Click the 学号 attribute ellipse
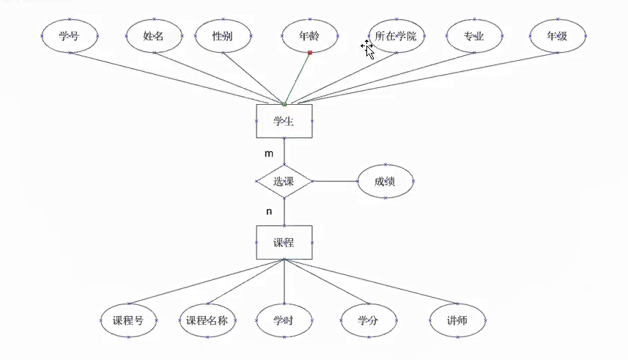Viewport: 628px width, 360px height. tap(69, 36)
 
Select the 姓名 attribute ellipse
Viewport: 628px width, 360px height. tap(154, 36)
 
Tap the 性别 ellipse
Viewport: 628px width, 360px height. tap(223, 36)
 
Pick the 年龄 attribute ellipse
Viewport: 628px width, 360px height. tap(310, 36)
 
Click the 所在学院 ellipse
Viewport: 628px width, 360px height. tap(396, 36)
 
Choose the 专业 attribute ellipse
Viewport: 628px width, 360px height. tap(473, 36)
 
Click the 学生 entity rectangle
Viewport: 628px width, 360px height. tap(284, 121)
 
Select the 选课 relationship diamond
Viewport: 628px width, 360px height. tap(284, 181)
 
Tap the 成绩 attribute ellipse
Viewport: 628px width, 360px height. tap(385, 181)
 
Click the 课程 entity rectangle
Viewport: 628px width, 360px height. tap(284, 242)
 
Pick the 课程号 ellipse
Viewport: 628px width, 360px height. tap(128, 320)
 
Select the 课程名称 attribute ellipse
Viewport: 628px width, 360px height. tap(207, 320)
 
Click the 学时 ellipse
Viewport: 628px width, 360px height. tap(284, 320)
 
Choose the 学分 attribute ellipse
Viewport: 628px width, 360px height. tap(369, 320)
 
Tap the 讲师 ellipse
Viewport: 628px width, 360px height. tap(457, 320)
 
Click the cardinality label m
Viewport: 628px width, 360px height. tap(269, 154)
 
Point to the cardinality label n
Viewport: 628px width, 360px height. tap(269, 211)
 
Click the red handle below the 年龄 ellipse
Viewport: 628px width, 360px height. tap(310, 53)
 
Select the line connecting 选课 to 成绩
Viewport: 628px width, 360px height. tap(335, 181)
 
